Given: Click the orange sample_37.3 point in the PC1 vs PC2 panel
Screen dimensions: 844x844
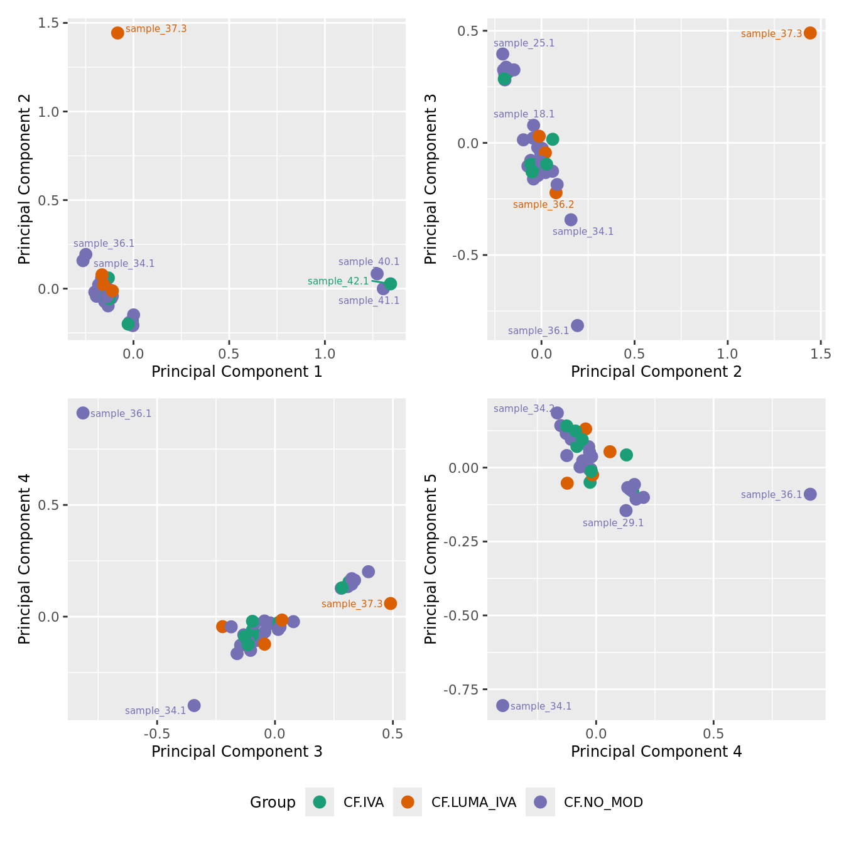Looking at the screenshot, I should [x=117, y=33].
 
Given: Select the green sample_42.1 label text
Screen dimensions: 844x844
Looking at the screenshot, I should [x=338, y=281].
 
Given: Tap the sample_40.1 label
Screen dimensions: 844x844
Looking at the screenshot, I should [x=369, y=262].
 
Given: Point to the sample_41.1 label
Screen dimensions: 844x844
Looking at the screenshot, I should [x=369, y=301].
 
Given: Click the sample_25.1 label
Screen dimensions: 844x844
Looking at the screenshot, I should [x=524, y=43].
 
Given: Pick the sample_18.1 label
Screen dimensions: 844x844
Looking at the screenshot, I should [x=524, y=114].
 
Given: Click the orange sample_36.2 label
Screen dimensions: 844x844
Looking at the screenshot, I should [x=543, y=205].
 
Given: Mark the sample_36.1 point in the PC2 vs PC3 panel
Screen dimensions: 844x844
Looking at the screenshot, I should [x=577, y=325].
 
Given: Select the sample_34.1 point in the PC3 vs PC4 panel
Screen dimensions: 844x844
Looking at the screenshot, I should [x=194, y=705].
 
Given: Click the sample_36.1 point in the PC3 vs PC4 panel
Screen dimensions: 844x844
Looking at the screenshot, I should [x=83, y=413].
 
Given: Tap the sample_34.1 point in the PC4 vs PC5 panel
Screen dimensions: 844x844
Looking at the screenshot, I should [x=502, y=705].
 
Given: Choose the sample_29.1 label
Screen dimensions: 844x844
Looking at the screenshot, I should [x=613, y=523].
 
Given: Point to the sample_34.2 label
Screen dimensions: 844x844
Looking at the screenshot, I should [x=524, y=409].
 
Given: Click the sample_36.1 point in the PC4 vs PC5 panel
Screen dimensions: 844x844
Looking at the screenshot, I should [x=810, y=494].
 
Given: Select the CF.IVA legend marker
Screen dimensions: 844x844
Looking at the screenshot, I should [x=320, y=802].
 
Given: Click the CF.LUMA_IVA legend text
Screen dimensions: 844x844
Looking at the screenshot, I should [x=473, y=803].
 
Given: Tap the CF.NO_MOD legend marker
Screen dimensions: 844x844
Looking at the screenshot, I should [x=540, y=802].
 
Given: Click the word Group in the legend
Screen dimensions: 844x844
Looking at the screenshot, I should [x=273, y=803].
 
